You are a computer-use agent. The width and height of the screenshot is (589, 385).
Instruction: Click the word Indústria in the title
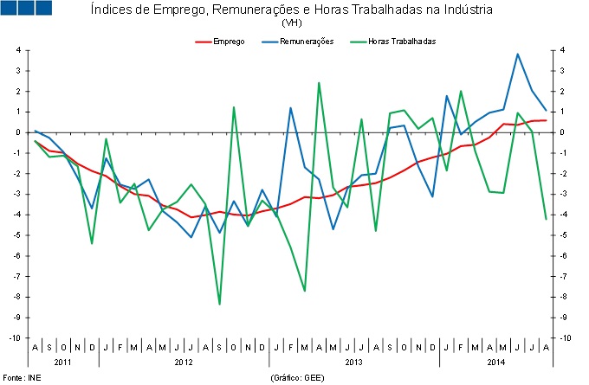[x=463, y=10]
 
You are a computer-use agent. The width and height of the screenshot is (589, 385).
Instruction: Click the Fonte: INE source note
[x=19, y=378]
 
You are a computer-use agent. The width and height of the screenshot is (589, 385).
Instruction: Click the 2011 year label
[x=63, y=361]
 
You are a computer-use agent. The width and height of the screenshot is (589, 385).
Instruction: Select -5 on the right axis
[x=564, y=235]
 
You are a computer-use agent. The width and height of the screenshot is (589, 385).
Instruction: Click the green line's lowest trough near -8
[x=219, y=304]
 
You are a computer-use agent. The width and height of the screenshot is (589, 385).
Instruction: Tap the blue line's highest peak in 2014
[x=517, y=55]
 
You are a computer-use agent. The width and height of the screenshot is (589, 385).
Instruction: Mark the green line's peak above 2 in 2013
[x=319, y=83]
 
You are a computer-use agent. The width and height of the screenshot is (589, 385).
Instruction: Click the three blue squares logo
[x=26, y=9]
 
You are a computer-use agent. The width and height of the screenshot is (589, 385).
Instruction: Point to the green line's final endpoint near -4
[x=546, y=219]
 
